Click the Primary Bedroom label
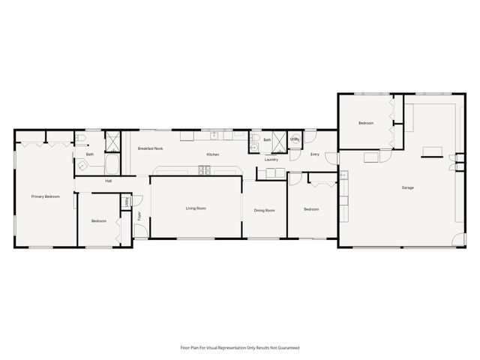(45, 196)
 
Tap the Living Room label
(196, 208)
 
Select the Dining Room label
(264, 211)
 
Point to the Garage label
(407, 187)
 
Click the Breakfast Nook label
(150, 148)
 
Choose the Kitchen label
(212, 154)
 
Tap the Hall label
(109, 181)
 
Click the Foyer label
(139, 216)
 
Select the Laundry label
(271, 159)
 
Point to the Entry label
(315, 154)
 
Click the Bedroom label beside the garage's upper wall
(365, 123)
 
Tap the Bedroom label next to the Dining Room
(310, 209)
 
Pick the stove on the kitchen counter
(204, 170)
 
